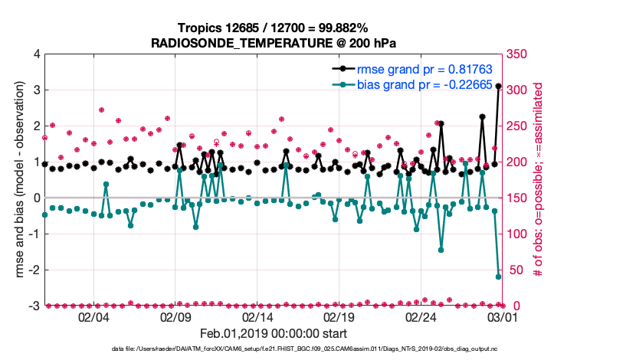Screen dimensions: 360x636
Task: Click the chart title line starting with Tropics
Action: [274, 28]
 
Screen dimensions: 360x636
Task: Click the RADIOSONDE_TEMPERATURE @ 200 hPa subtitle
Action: [274, 43]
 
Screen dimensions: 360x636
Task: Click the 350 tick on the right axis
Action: [517, 54]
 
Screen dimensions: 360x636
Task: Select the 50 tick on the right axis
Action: [514, 270]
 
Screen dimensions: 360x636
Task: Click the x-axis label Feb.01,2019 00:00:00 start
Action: [274, 334]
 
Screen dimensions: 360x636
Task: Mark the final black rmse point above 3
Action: [498, 87]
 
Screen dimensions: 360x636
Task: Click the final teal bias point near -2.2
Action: [498, 277]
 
